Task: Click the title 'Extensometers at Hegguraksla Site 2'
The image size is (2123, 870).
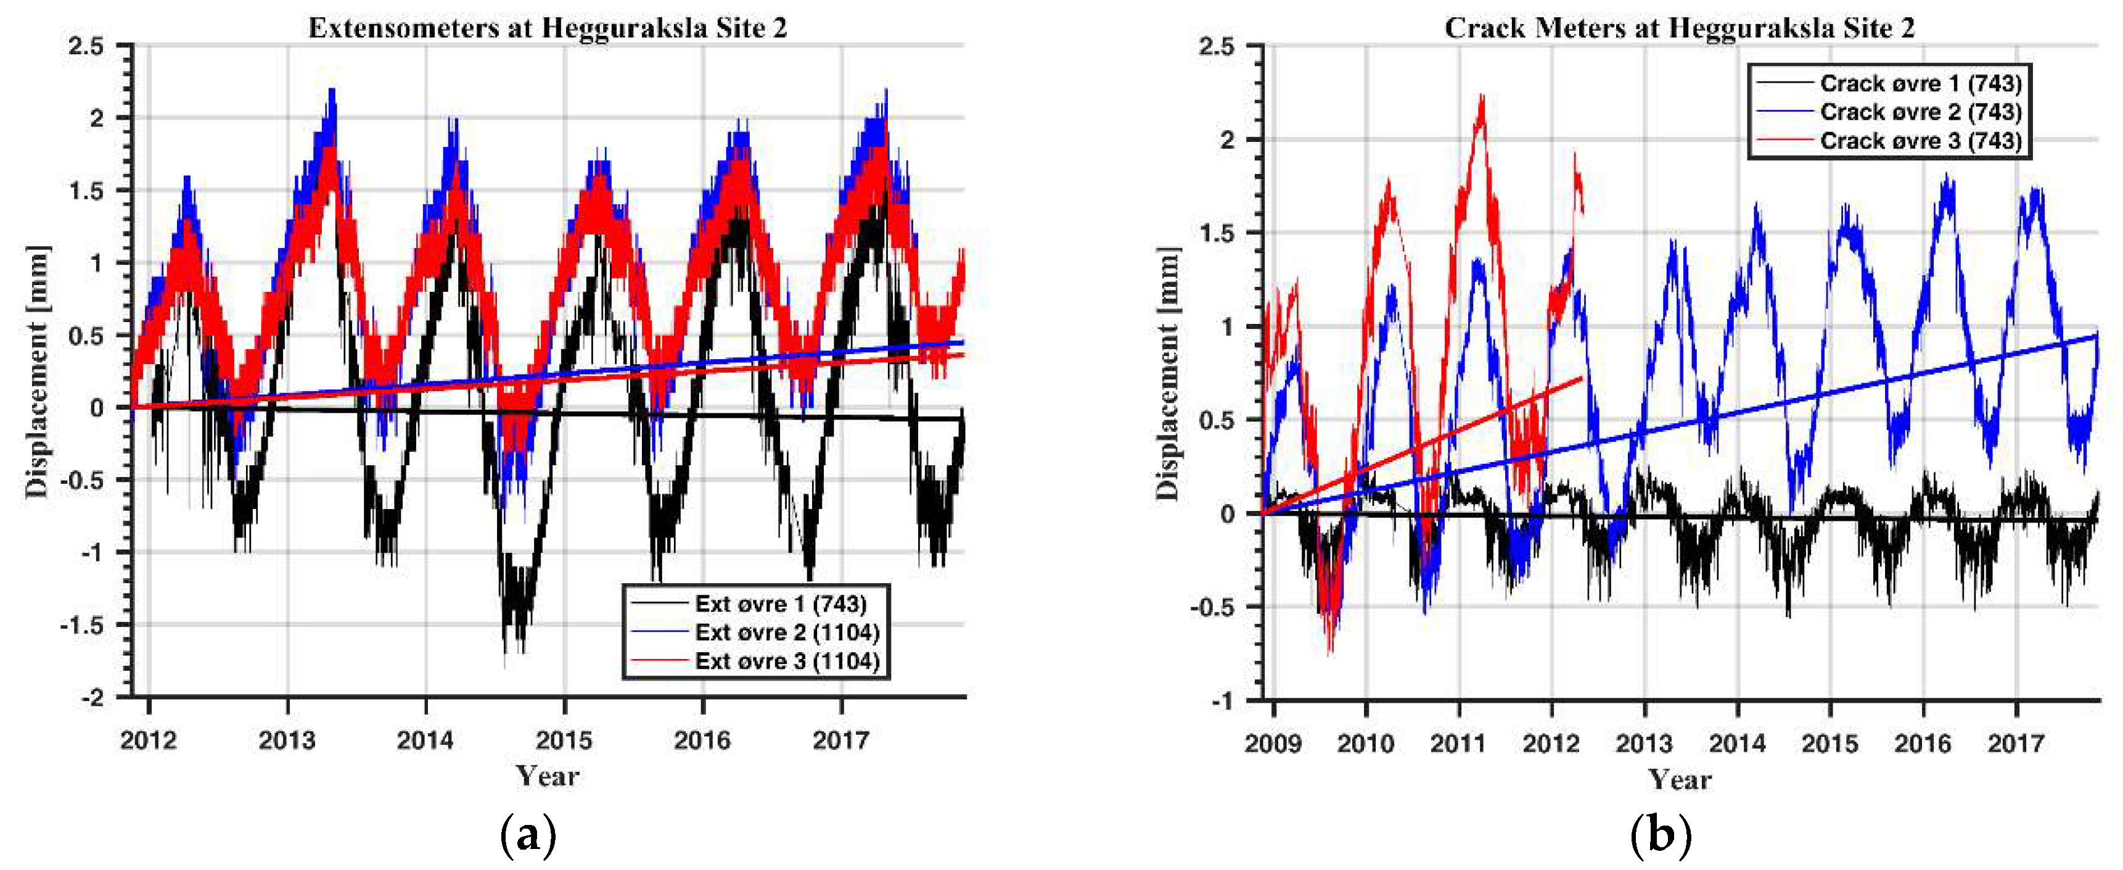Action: pos(547,28)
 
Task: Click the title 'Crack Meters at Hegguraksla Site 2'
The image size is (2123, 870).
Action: pos(1679,28)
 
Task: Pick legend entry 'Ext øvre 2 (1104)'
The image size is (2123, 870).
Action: pos(786,632)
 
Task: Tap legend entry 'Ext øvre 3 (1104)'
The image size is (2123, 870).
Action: pos(786,661)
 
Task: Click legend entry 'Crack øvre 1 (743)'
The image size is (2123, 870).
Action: pos(1920,83)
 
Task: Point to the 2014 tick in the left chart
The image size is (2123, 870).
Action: pos(425,740)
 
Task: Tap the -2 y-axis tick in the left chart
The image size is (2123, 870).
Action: pos(92,698)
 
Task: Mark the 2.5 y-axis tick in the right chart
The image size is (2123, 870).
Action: pos(1217,46)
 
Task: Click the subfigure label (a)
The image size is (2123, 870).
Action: pos(527,835)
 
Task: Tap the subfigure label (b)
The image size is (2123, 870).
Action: pos(1660,835)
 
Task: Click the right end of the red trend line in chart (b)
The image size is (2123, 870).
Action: pos(1582,378)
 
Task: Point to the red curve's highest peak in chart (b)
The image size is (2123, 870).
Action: pos(1482,97)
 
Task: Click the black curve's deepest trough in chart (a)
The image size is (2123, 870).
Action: pos(505,664)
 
